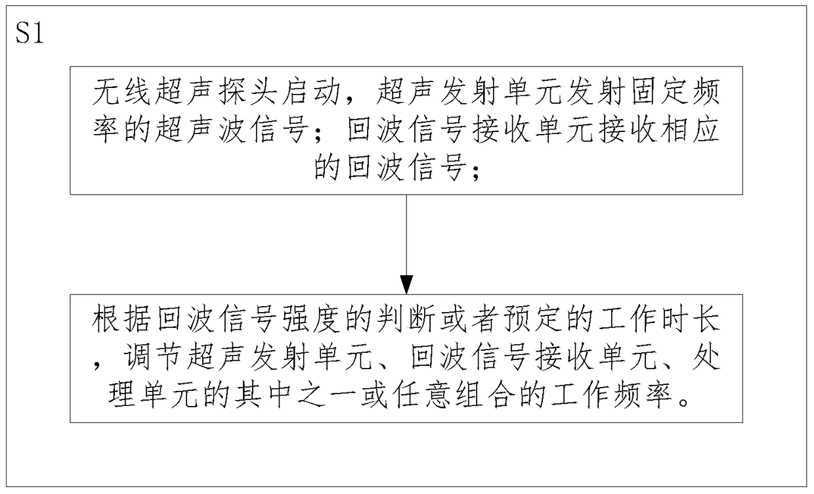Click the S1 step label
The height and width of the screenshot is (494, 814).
click(29, 34)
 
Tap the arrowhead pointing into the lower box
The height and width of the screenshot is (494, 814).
click(406, 285)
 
